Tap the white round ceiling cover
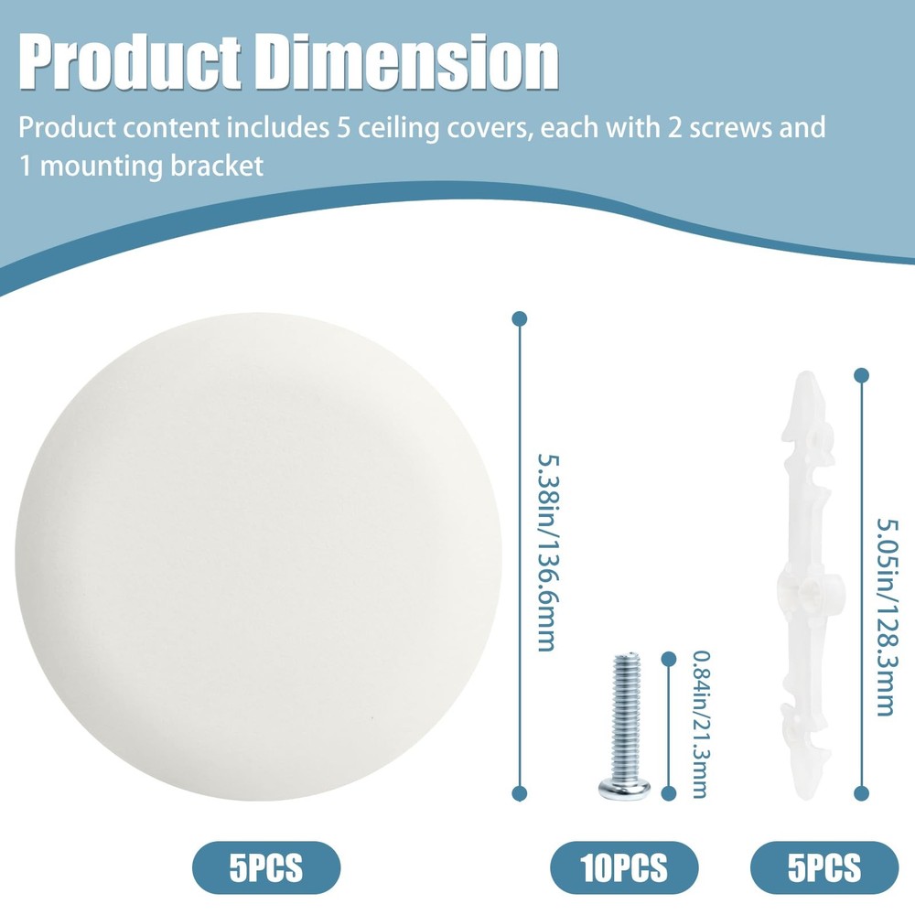point(258,540)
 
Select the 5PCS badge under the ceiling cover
point(265,866)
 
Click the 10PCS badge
point(624,866)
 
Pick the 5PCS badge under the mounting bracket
point(824,866)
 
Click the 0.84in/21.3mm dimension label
point(697,723)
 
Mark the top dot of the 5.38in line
point(520,318)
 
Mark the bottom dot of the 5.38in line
point(520,793)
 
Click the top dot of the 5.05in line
point(860,374)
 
